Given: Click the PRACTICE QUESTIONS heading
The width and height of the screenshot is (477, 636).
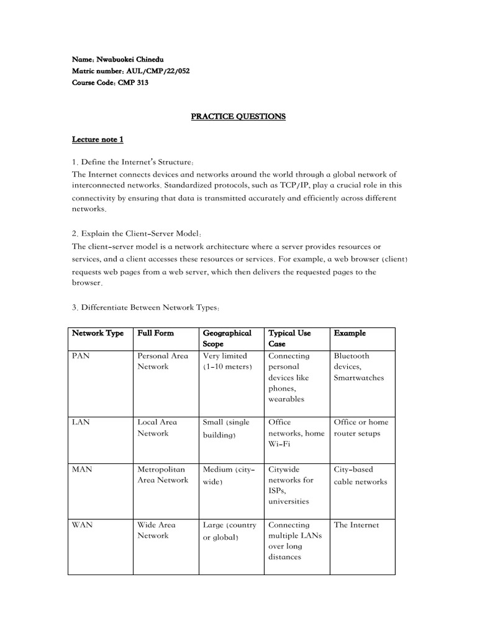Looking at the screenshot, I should (238, 116).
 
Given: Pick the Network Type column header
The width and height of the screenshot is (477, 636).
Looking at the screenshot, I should (98, 333).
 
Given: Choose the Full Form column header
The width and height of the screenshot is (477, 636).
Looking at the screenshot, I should (155, 333).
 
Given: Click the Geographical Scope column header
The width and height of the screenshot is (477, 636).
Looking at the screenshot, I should (227, 338).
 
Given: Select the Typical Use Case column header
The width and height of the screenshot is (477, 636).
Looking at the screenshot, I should (289, 338).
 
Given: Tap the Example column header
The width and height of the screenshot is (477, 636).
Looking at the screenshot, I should (350, 333).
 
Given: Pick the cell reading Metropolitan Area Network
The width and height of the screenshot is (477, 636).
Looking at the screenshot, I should (162, 475).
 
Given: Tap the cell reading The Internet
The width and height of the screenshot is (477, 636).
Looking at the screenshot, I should (356, 525).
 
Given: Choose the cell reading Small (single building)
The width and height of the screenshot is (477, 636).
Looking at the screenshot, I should (226, 428).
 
